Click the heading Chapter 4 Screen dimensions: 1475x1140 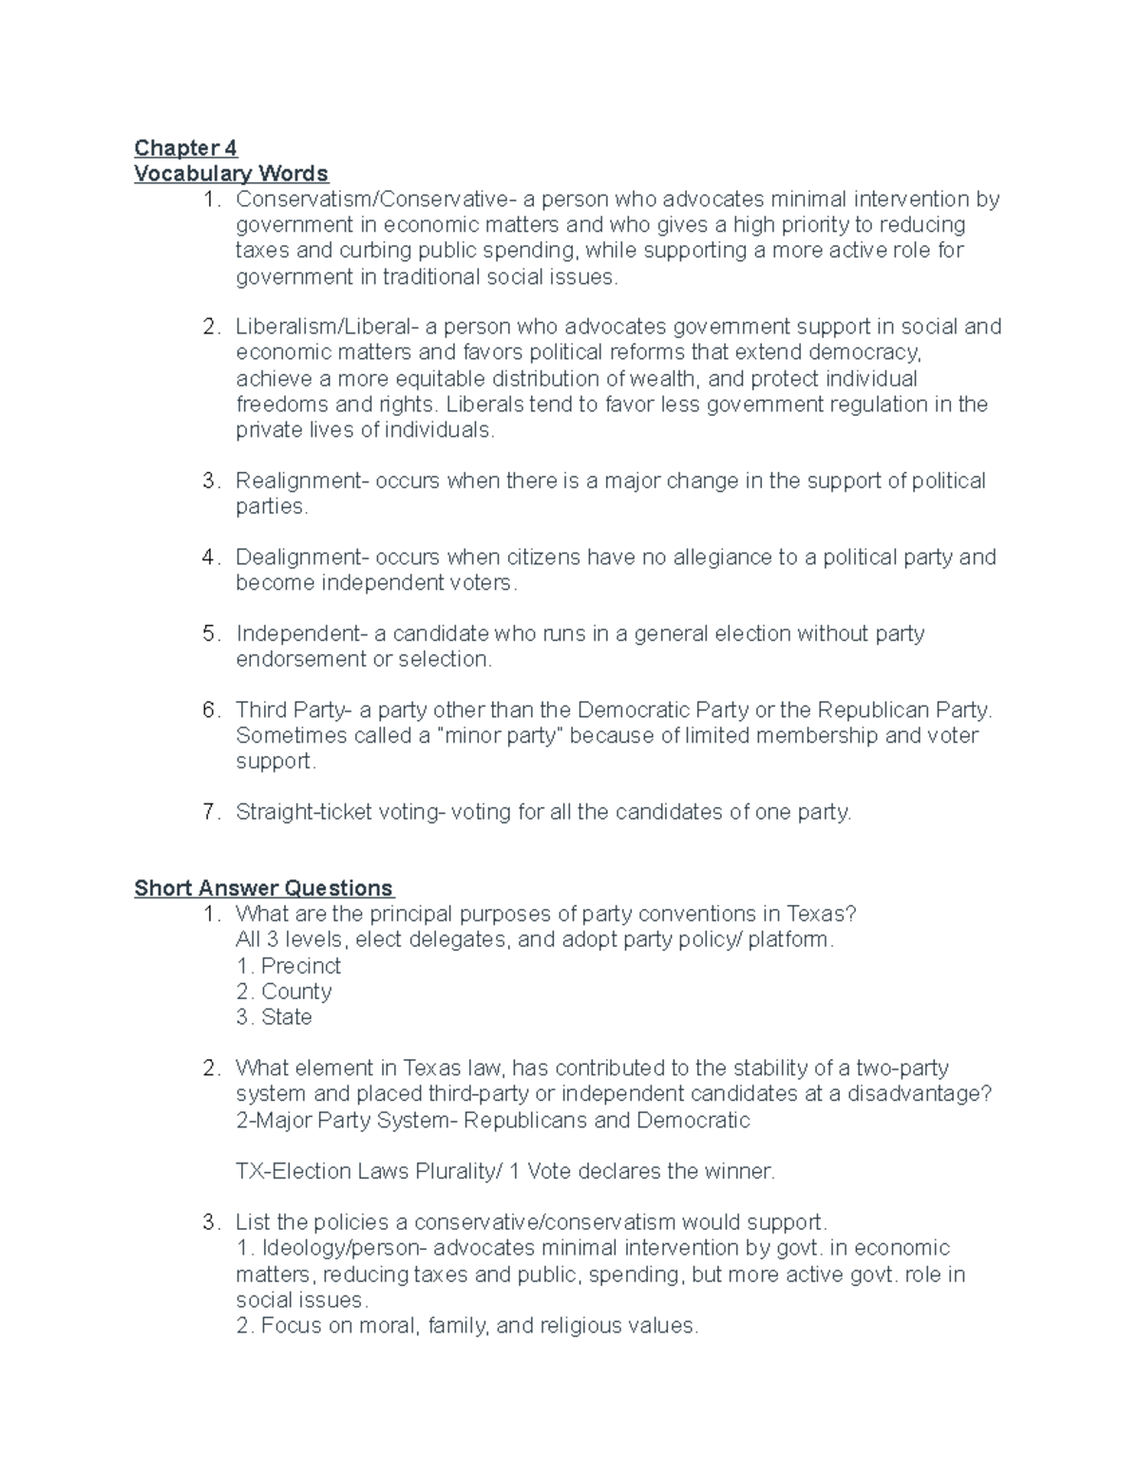pyautogui.click(x=185, y=147)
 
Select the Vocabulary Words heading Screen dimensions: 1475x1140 pyautogui.click(x=231, y=173)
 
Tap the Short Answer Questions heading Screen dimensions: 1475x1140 pyautogui.click(x=263, y=888)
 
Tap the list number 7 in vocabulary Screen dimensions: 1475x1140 pyautogui.click(x=210, y=812)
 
